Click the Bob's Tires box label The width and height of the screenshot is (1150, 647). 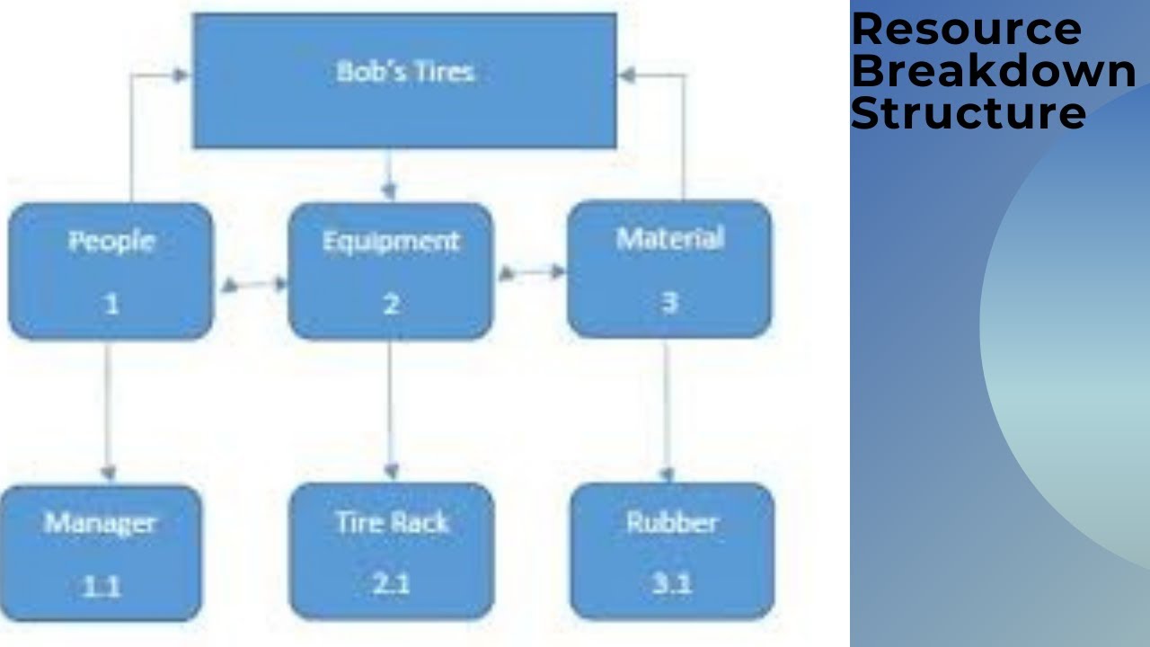[x=404, y=72]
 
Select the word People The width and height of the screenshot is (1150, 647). [x=111, y=241]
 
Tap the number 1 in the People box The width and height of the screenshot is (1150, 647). [x=111, y=304]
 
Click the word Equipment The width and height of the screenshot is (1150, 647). [x=390, y=241]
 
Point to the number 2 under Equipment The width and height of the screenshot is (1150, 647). [x=391, y=304]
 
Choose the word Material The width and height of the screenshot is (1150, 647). [x=669, y=239]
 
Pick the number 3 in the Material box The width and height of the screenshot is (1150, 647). [x=669, y=302]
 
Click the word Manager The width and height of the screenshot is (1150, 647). [x=101, y=523]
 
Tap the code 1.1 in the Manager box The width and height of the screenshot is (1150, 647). [x=101, y=587]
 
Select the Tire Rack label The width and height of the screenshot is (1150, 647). [x=392, y=522]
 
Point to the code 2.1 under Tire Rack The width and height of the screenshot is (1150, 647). [x=392, y=584]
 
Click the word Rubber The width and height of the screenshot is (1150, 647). [x=672, y=522]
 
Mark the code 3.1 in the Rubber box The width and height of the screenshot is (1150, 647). [x=672, y=584]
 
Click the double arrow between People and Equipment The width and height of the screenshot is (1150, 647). [x=253, y=285]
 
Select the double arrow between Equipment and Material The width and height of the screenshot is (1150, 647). [x=532, y=271]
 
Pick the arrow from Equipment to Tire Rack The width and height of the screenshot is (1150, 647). [x=390, y=410]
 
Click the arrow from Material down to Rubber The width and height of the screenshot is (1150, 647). [x=666, y=410]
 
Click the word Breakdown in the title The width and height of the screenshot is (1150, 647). [x=993, y=71]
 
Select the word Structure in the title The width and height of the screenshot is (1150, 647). [x=968, y=113]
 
